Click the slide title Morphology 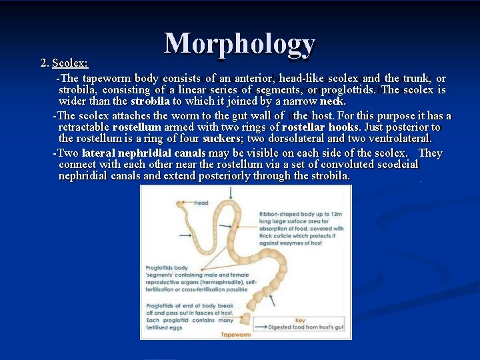(239, 43)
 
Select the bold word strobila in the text (150, 101)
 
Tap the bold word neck (332, 101)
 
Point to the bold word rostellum (137, 127)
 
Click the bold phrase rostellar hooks (320, 127)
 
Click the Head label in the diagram (201, 203)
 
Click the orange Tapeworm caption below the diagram (236, 334)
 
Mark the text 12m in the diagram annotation (336, 214)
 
